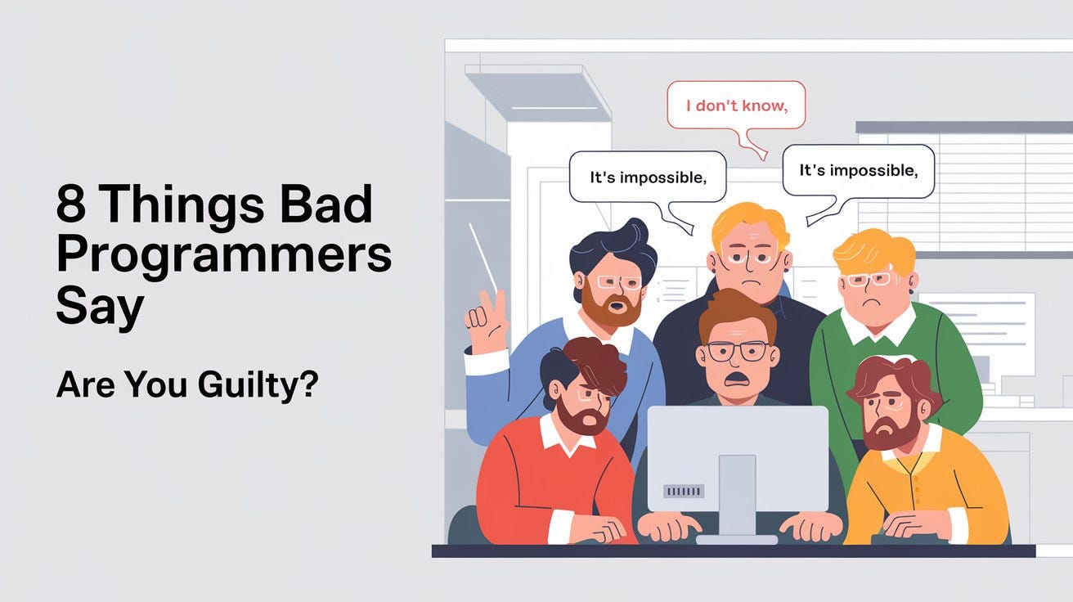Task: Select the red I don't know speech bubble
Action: (x=735, y=106)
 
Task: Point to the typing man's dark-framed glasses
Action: (x=737, y=351)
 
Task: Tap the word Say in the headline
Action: (x=100, y=308)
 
